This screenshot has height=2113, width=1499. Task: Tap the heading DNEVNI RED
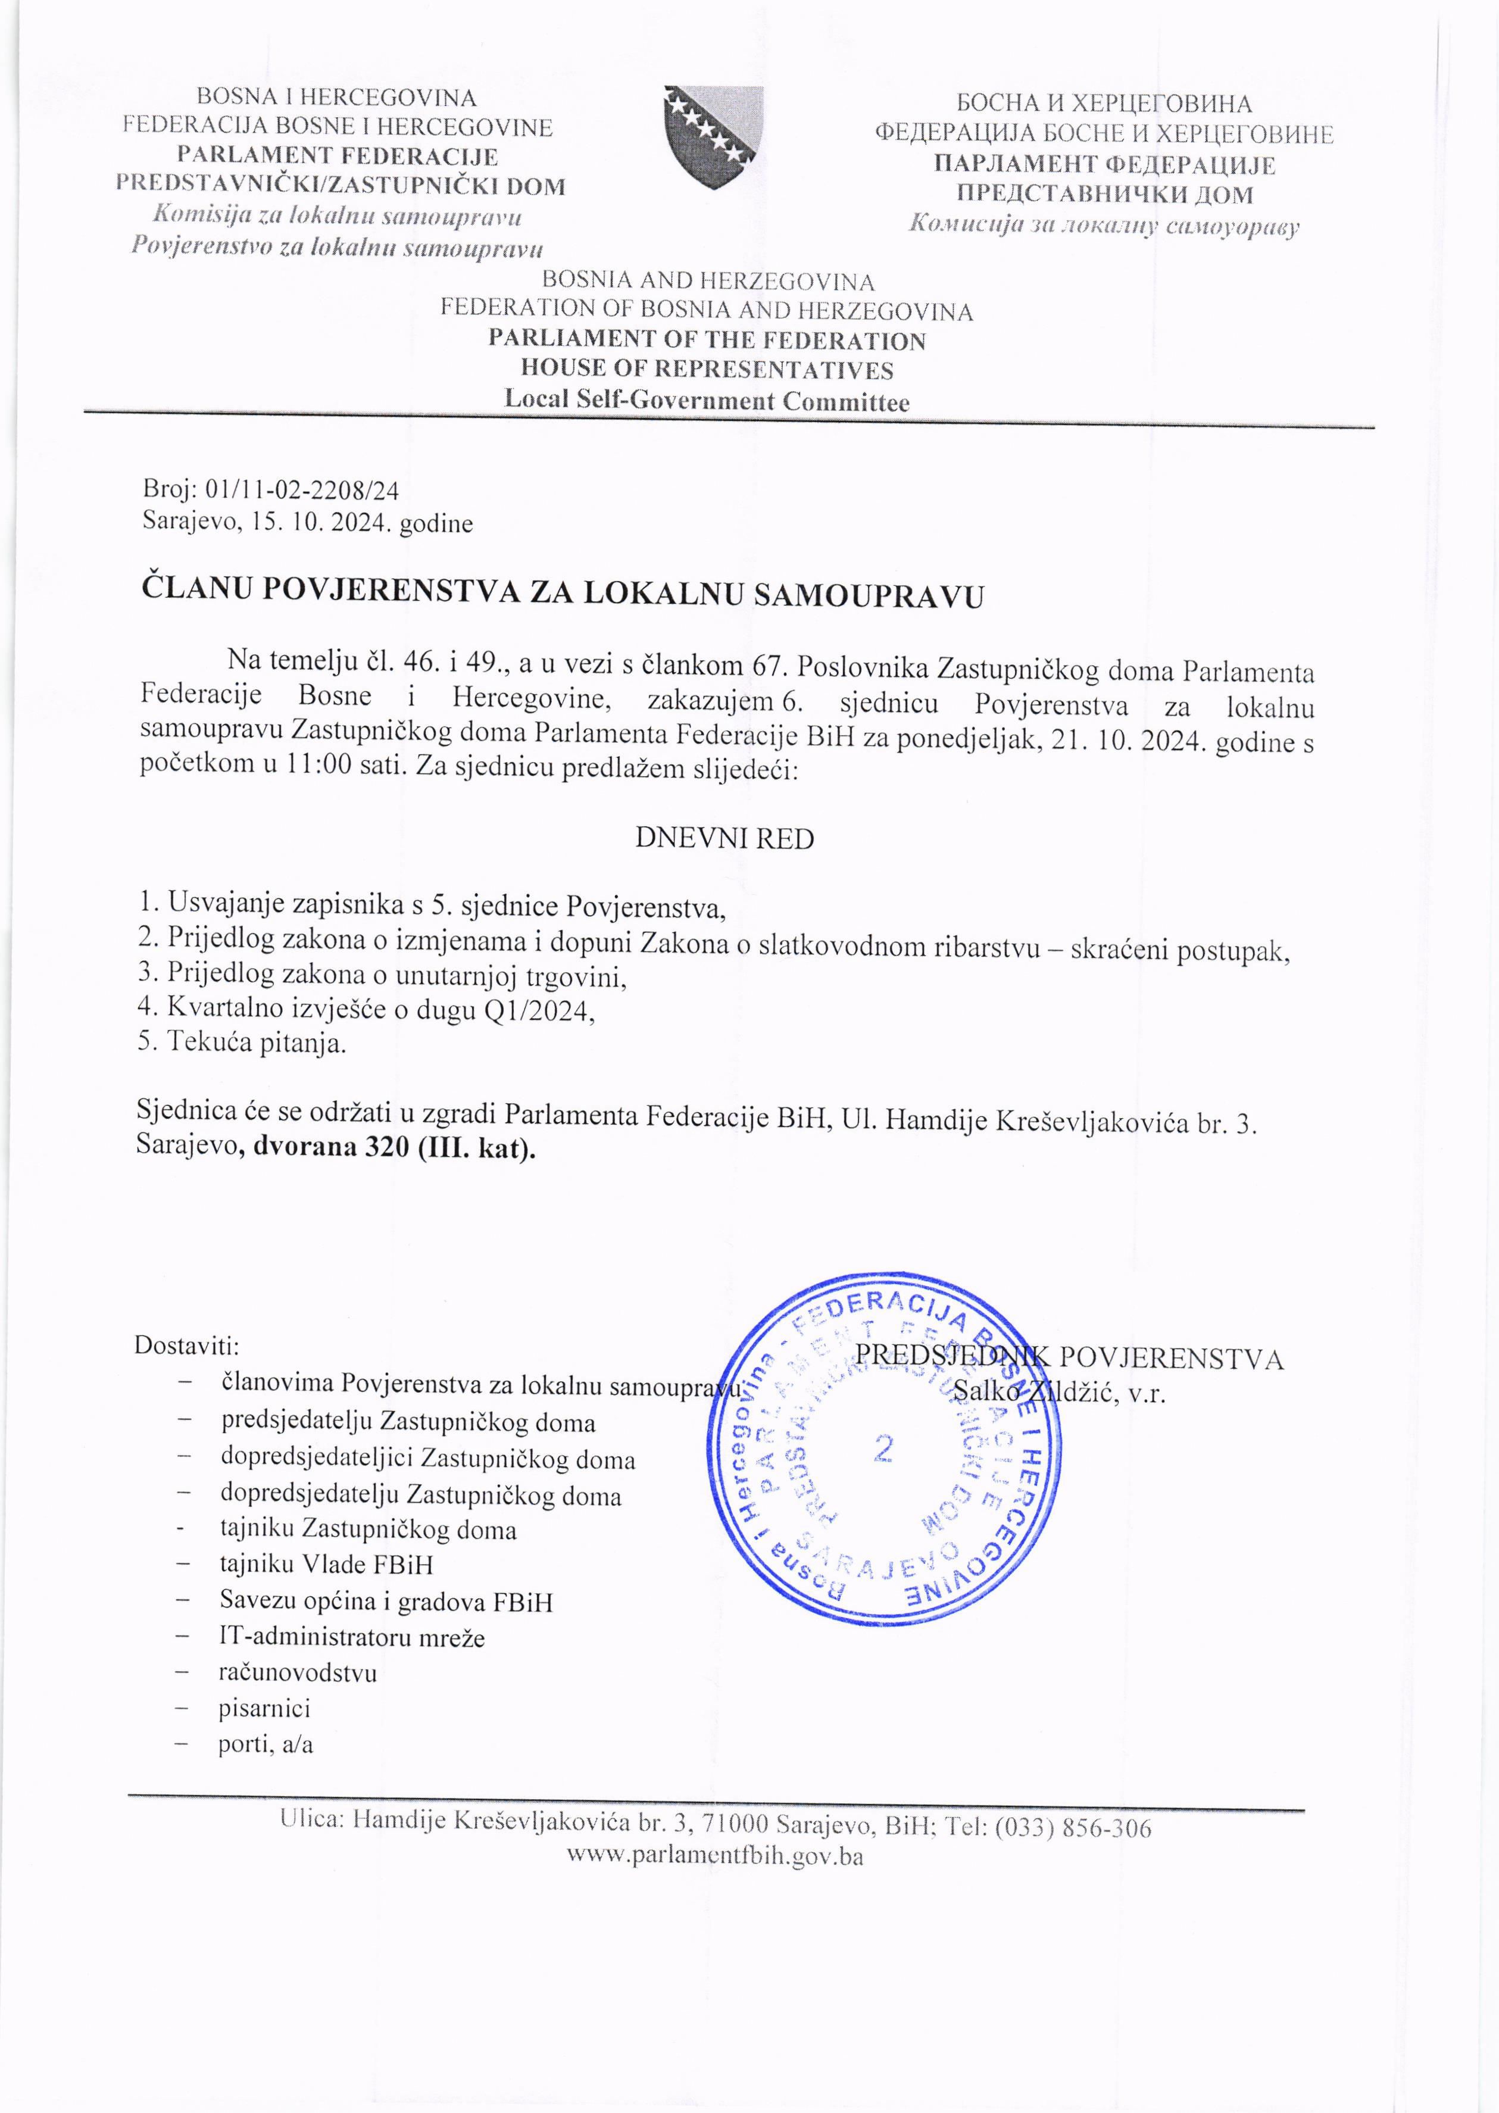724,838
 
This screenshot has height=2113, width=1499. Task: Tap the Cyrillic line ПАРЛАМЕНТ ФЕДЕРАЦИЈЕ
1104,166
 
